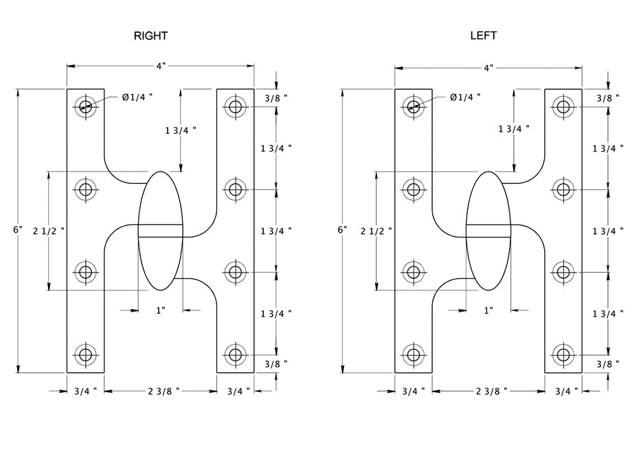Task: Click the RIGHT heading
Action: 150,36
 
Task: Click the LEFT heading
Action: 483,35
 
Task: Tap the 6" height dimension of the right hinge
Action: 18,230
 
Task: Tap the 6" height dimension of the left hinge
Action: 343,230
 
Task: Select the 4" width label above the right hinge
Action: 161,66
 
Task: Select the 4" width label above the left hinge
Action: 488,68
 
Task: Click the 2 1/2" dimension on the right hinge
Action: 49,231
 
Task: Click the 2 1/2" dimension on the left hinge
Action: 376,231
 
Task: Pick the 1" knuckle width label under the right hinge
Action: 160,310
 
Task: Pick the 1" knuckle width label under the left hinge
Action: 488,310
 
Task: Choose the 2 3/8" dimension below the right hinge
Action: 163,391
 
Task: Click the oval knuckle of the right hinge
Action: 161,231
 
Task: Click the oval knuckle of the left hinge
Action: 488,231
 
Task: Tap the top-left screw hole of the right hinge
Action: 85,106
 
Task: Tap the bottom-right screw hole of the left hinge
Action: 563,355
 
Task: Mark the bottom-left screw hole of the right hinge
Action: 85,355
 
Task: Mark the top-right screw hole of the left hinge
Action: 563,106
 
